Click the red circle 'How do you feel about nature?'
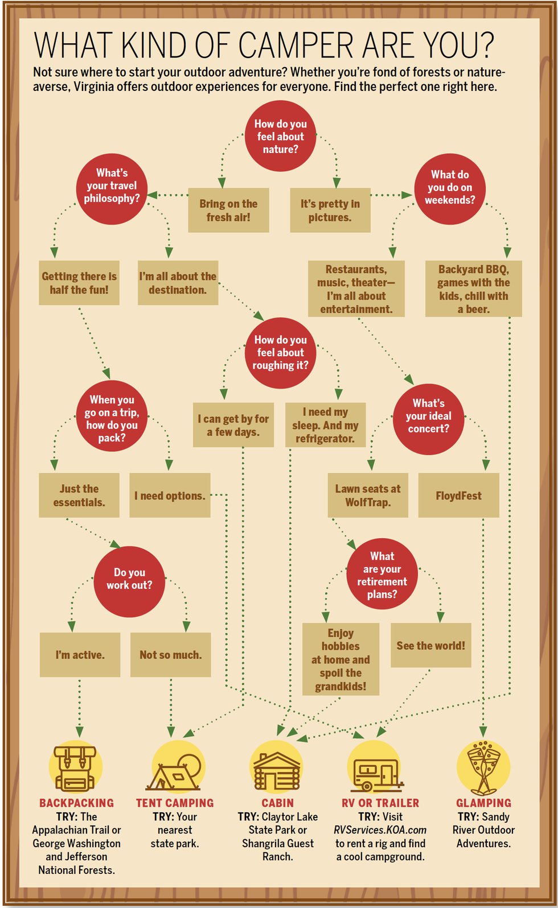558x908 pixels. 280,136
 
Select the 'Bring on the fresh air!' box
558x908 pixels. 228,210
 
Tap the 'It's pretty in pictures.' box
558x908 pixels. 330,210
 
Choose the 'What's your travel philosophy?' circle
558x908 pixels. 112,189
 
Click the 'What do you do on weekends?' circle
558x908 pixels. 450,189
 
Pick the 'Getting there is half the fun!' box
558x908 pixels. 79,283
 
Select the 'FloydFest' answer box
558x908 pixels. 458,496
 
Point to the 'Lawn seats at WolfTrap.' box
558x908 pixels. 368,496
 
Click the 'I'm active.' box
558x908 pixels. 80,655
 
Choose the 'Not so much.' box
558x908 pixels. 170,655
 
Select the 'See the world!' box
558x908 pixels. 431,645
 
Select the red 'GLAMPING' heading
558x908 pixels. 484,803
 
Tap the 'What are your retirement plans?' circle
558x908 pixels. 382,573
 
